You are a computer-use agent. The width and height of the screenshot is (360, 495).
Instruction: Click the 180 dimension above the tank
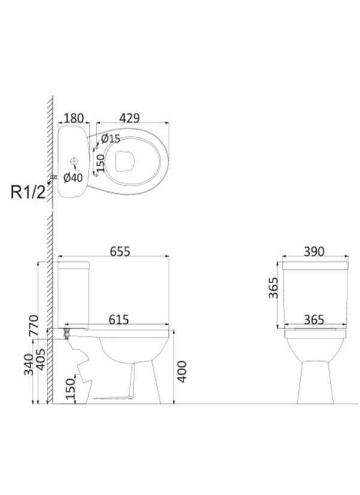tap(74, 118)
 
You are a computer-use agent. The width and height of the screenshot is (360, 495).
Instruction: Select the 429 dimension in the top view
tap(130, 118)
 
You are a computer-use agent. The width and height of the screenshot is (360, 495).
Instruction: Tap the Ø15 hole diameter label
tap(110, 138)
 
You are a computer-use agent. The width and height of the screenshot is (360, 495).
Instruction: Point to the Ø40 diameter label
tap(73, 178)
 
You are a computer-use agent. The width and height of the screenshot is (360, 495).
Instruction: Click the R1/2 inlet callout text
tap(28, 192)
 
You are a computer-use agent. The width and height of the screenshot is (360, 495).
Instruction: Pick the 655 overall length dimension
tap(120, 251)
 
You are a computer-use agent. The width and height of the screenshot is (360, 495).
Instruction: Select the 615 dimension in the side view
tap(119, 320)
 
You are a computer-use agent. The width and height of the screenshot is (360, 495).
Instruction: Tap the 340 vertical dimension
tap(29, 365)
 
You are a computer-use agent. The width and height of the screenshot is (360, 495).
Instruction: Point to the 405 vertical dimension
tap(40, 360)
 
